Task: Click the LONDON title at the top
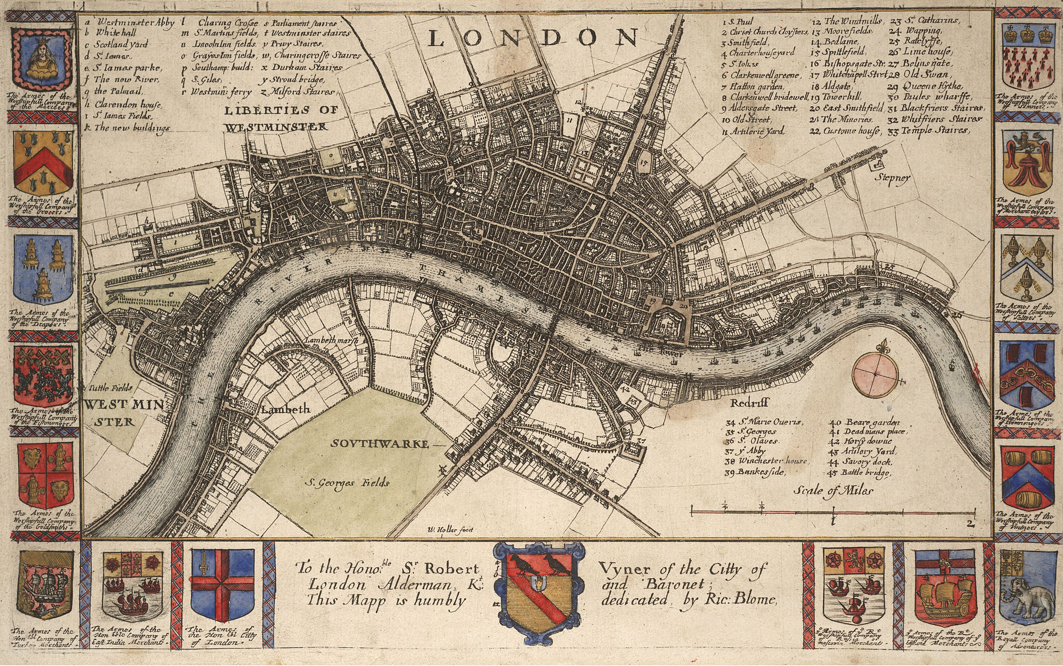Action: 533,38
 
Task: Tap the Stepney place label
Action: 892,177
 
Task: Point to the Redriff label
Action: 749,403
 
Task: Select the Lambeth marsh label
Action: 331,340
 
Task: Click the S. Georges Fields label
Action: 347,482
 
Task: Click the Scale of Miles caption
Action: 833,490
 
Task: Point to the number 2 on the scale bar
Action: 969,523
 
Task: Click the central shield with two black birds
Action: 538,591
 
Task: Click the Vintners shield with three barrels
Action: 1027,478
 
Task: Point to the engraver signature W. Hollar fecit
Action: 451,529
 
